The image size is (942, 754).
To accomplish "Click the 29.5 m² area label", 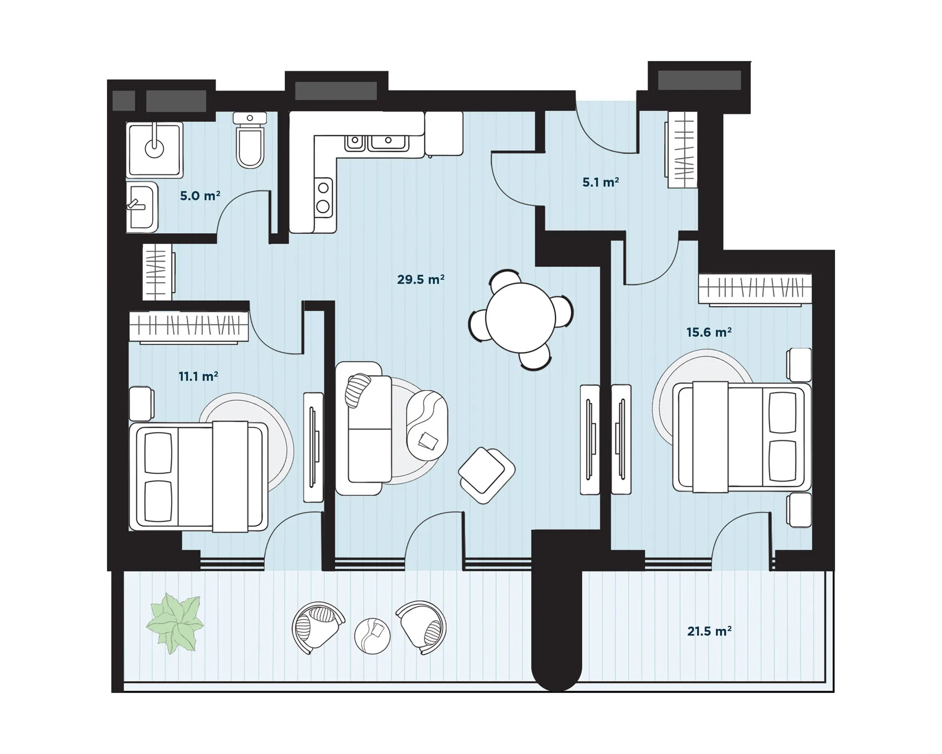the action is pos(420,280).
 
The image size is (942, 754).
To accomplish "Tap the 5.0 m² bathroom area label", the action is pos(200,196).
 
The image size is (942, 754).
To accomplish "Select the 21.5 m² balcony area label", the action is pos(709,631).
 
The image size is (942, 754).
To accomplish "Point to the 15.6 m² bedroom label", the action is pos(709,332).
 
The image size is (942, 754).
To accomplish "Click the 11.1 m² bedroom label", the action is pos(198,377).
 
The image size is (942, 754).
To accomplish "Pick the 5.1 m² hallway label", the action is pos(600,183).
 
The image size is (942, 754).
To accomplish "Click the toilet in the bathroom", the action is pos(250,140).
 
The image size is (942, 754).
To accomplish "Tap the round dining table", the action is pos(521,317).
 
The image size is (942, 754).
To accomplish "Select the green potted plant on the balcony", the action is pos(175,623).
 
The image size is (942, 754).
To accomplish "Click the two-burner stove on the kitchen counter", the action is pos(323,196).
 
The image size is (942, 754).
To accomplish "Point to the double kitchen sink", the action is pos(377,142).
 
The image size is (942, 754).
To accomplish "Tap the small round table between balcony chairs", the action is pos(372,636).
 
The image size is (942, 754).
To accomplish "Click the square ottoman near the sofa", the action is pos(486,475).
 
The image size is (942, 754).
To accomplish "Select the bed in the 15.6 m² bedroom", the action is pos(742,437).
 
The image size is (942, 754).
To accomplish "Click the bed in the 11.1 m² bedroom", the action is pos(198,477).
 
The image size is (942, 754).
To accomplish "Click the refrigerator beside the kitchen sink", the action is pos(444,133).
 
